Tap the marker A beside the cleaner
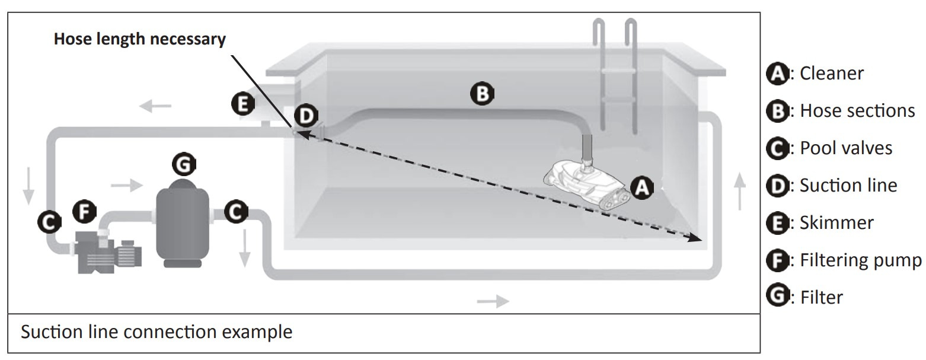[641, 188]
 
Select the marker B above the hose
[481, 93]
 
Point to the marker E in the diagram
[242, 104]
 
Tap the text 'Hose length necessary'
[140, 40]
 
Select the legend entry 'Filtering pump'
[860, 260]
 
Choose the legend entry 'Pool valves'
[845, 148]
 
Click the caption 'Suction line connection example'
[157, 332]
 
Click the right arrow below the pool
[493, 301]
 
